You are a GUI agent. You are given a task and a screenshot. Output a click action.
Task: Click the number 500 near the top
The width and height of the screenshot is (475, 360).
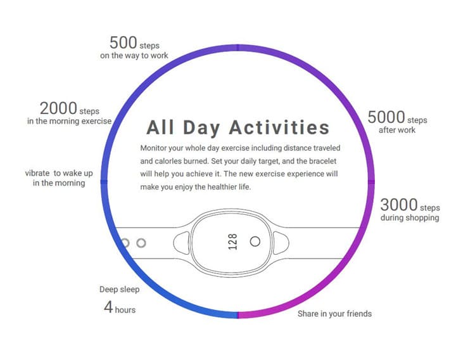click(123, 42)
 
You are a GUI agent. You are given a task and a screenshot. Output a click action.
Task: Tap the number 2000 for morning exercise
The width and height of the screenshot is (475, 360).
click(58, 108)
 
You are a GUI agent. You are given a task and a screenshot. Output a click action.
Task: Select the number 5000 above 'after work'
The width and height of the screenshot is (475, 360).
click(386, 117)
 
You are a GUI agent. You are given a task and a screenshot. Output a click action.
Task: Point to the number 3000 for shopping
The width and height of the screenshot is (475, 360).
click(399, 205)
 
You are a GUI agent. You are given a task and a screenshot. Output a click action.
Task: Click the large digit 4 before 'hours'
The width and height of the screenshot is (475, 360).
click(108, 307)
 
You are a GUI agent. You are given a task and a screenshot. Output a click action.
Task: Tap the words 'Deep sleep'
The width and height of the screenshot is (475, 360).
click(119, 290)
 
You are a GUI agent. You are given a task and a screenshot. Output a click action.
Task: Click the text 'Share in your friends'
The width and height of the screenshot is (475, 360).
click(334, 314)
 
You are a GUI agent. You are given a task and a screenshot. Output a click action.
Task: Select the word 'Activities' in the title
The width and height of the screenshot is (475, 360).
click(279, 127)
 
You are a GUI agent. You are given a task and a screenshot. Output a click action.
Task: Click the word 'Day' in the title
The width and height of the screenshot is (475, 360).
click(201, 128)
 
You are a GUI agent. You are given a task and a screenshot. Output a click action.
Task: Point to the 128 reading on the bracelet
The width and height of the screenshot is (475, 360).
click(232, 241)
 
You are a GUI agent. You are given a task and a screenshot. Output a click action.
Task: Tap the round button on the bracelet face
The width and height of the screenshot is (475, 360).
click(255, 241)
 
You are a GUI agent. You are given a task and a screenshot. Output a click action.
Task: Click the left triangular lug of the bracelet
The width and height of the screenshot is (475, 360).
click(182, 243)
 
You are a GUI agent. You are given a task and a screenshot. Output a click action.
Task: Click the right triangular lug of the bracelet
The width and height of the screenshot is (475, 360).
click(281, 243)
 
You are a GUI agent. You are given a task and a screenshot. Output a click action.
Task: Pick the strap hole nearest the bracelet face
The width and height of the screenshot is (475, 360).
click(141, 243)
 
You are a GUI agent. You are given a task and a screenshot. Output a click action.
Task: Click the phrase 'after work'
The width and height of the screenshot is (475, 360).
click(397, 130)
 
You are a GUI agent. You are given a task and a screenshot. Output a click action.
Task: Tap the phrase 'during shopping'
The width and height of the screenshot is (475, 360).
click(410, 218)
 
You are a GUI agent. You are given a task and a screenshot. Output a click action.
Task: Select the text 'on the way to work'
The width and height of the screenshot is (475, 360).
click(134, 56)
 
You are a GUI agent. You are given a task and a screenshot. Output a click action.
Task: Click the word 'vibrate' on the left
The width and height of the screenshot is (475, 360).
click(37, 173)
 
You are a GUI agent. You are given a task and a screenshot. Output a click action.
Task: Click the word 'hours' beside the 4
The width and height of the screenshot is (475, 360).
click(125, 310)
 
